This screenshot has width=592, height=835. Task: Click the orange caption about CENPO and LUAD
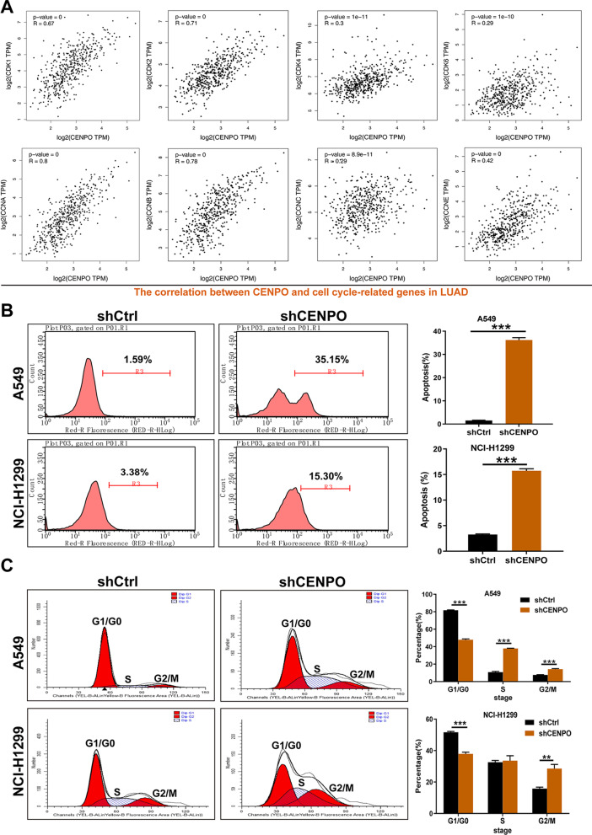click(x=294, y=270)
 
